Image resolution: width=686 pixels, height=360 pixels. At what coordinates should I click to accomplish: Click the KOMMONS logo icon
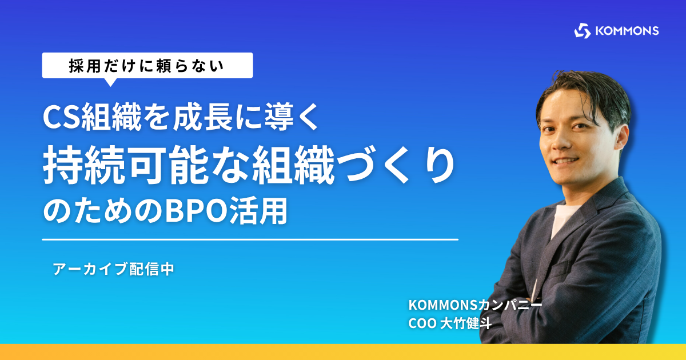pos(582,31)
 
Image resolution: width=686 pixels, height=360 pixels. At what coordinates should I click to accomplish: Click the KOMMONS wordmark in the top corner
pos(627,31)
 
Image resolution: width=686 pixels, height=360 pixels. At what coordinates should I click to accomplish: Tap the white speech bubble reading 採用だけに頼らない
pos(147,66)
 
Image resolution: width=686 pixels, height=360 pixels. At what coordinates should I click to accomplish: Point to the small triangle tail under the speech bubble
pos(110,82)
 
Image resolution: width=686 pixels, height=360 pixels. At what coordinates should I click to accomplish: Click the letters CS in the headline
pos(61,117)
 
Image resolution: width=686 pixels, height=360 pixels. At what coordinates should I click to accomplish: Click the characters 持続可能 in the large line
pos(126,165)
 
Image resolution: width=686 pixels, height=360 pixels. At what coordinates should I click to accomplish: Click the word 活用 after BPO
pos(259,211)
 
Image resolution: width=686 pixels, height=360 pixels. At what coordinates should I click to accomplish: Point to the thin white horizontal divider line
pos(250,239)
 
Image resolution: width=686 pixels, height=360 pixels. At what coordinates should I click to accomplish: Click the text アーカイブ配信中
pos(114,269)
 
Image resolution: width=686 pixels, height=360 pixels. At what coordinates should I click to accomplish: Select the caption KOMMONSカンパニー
pos(475,305)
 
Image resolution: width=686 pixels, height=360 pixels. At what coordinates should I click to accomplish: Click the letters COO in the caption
pos(422,323)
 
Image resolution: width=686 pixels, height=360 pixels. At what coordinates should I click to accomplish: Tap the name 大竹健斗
pos(466,323)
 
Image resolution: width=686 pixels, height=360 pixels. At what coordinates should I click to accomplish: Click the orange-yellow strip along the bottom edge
pos(343,352)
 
